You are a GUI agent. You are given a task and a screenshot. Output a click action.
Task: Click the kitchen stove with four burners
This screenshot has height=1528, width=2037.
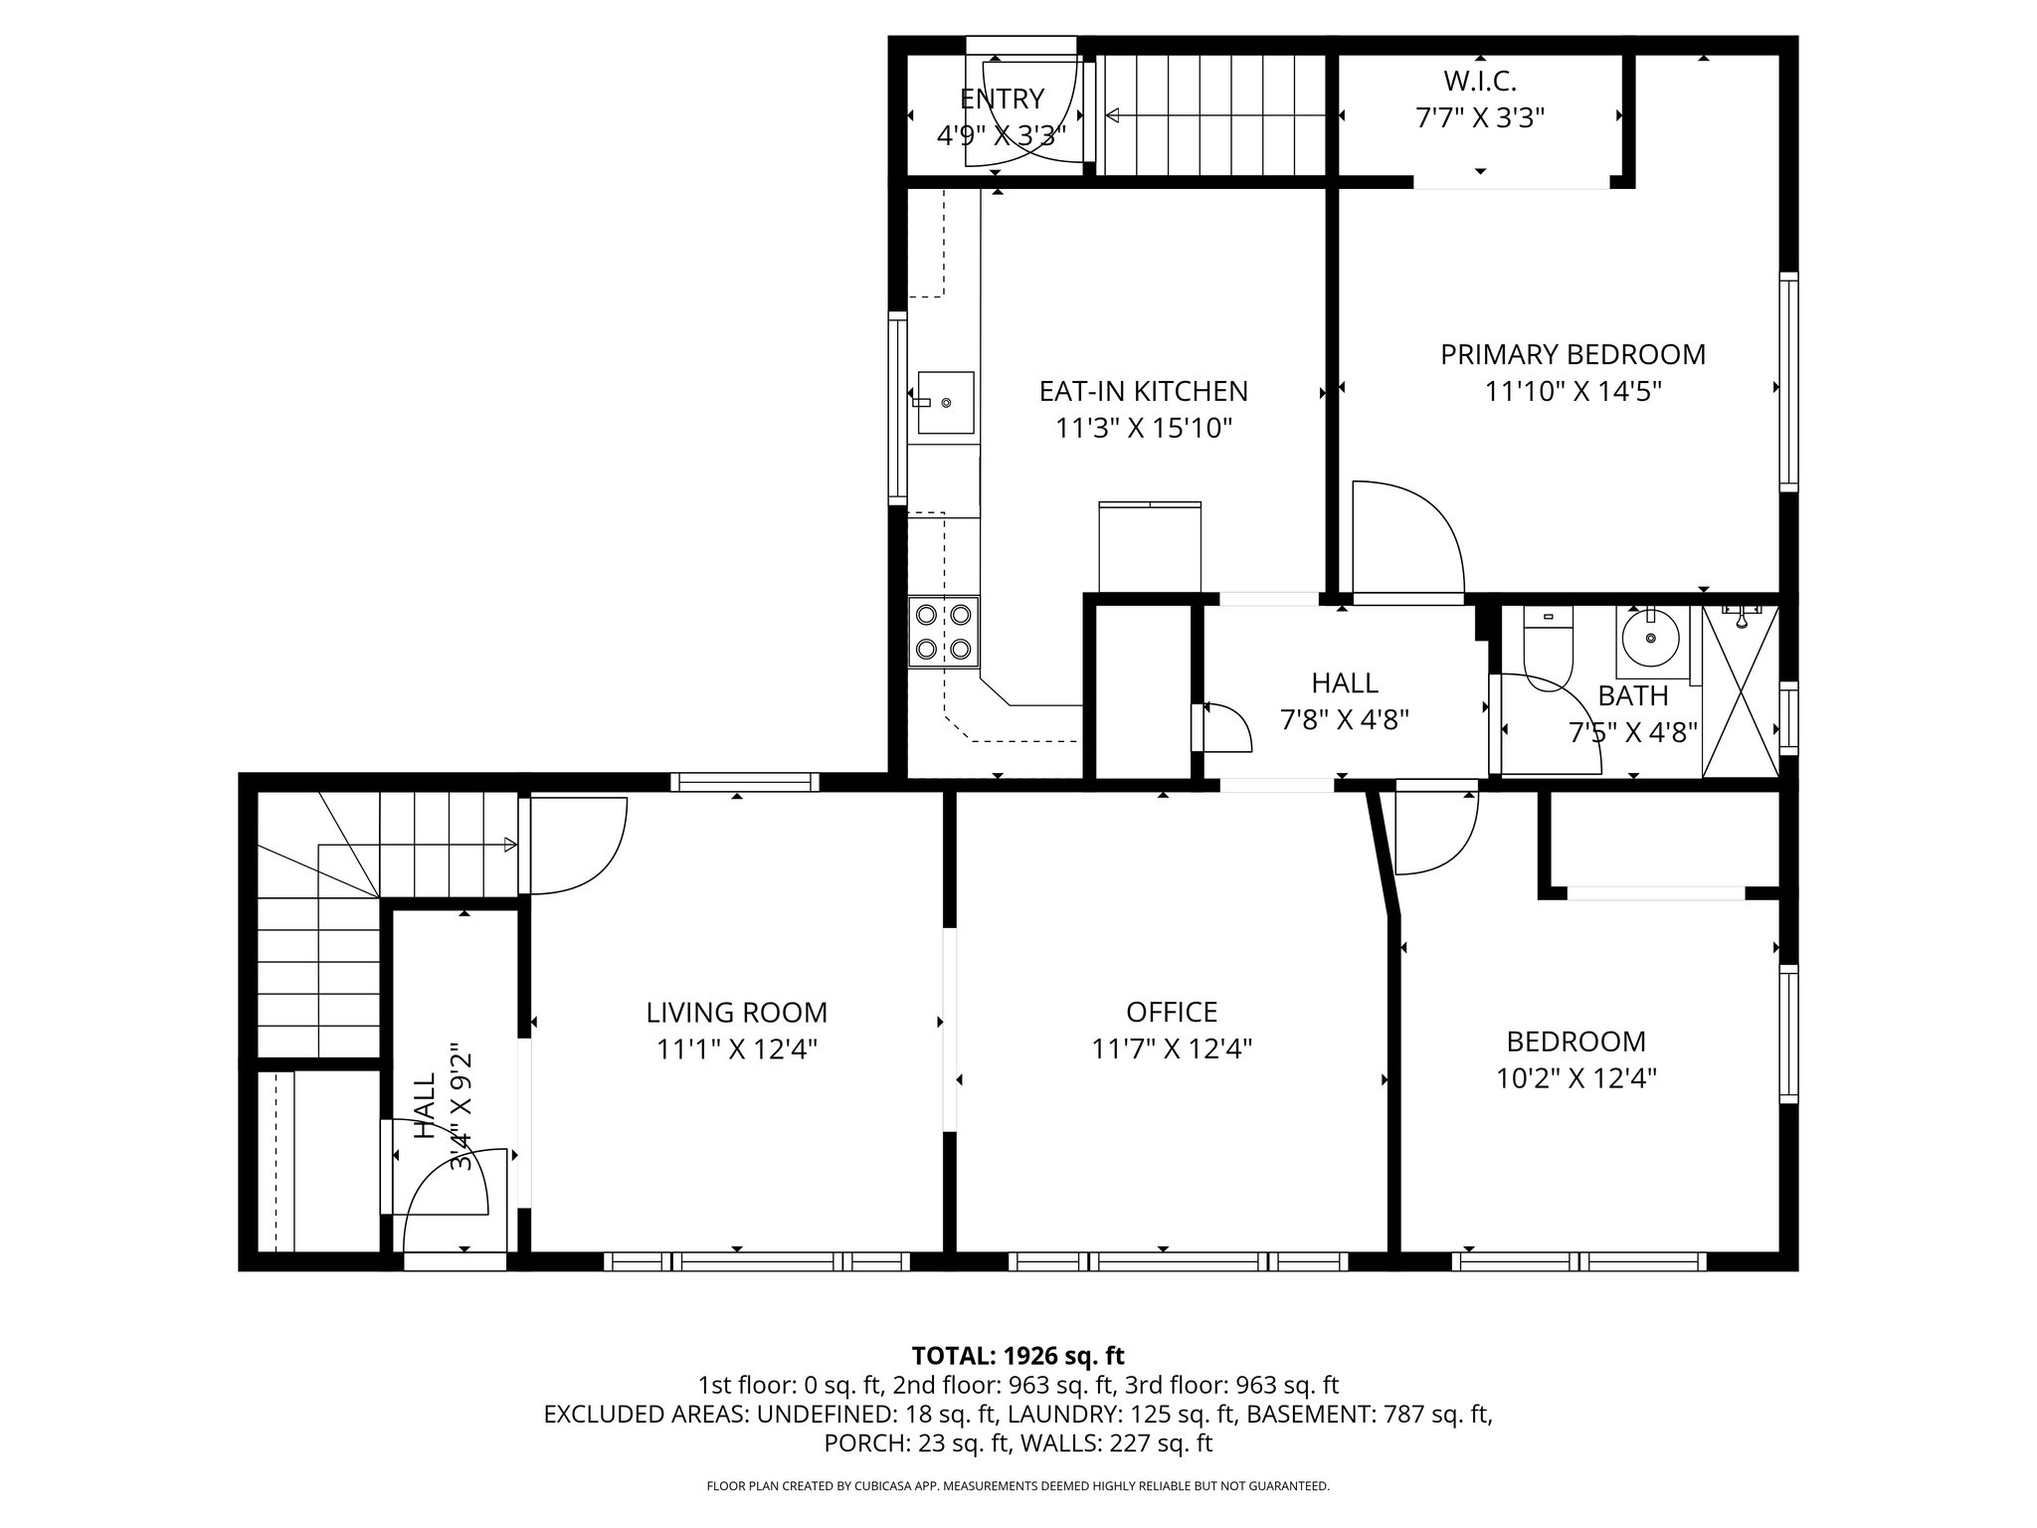click(943, 631)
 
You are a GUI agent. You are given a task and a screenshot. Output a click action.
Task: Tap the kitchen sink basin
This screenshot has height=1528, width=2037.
click(945, 402)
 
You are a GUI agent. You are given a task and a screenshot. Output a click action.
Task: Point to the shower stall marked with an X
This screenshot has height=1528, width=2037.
click(1741, 690)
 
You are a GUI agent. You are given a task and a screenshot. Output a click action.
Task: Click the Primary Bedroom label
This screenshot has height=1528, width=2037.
click(1573, 354)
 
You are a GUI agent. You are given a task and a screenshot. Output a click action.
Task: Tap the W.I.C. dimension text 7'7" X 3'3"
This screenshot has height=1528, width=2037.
click(1480, 118)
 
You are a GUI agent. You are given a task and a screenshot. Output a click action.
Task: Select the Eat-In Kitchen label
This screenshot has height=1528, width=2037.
click(1143, 391)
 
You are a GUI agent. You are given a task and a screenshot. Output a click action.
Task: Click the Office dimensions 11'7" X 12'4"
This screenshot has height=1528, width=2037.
click(1172, 1049)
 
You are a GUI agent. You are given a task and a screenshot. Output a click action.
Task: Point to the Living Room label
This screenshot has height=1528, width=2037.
click(736, 1013)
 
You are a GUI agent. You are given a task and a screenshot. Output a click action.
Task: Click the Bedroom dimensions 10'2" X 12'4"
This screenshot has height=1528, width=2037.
click(1576, 1078)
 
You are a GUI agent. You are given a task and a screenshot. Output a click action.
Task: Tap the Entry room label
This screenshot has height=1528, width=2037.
click(1002, 98)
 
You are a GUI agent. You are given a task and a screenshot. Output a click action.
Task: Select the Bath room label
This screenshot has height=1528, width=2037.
click(1632, 695)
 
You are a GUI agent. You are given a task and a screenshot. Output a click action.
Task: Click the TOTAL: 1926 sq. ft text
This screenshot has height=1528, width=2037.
click(1018, 1355)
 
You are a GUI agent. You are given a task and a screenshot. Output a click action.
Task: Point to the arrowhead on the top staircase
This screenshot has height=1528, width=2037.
click(1114, 116)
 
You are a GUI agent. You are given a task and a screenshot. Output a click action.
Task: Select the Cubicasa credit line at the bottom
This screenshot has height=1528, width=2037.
click(1018, 1486)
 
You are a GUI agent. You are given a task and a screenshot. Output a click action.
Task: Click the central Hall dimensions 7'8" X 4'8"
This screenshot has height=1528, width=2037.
click(1345, 719)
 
